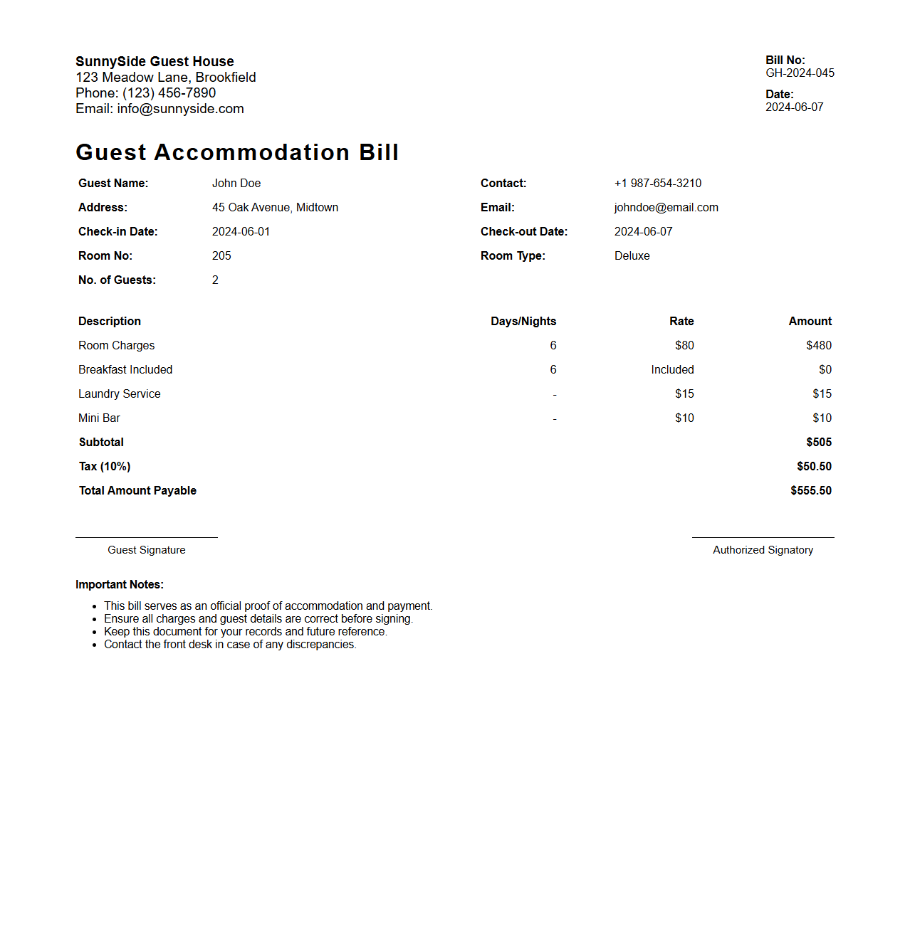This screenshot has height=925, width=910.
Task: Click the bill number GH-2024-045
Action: point(800,73)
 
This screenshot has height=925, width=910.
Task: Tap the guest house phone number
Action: point(169,93)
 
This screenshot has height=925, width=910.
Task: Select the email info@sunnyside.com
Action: point(180,109)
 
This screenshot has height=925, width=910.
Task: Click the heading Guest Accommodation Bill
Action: point(237,152)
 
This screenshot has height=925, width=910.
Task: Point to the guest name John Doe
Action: point(236,184)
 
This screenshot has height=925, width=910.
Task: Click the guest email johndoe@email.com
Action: point(666,208)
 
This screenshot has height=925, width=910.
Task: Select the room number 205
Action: point(221,256)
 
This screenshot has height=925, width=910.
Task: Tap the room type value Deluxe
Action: point(632,256)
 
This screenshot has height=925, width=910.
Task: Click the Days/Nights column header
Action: point(523,322)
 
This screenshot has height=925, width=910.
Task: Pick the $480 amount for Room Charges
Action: point(818,346)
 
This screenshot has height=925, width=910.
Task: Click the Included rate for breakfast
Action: point(672,370)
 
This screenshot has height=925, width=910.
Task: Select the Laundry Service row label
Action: point(120,394)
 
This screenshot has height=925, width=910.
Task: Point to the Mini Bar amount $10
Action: point(822,418)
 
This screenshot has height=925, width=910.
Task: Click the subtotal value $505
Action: point(818,443)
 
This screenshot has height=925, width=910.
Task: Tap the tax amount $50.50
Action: point(814,467)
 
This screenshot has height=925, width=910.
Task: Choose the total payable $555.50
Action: point(810,491)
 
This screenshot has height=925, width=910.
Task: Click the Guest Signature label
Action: point(147,550)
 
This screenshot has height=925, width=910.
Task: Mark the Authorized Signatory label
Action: point(763,550)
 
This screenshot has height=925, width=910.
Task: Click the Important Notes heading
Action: point(120,585)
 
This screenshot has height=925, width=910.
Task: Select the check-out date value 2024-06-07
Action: point(643,232)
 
